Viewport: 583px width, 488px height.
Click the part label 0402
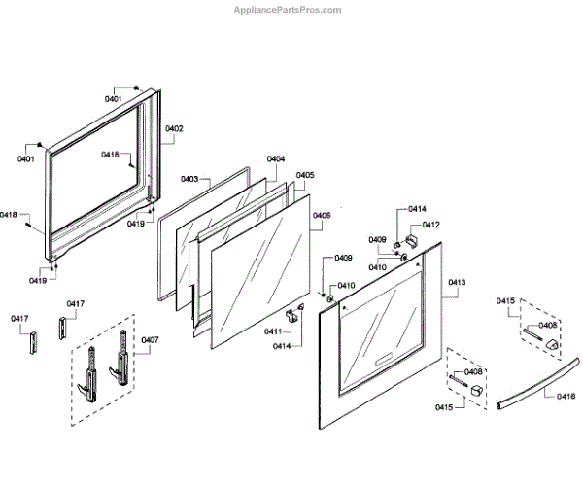(x=175, y=129)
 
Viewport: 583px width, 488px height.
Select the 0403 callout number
(x=189, y=179)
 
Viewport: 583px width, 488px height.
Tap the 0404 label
(x=276, y=158)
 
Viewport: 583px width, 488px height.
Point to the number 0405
(x=305, y=176)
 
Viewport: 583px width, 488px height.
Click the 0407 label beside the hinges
(x=150, y=339)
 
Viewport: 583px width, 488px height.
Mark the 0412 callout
(x=430, y=225)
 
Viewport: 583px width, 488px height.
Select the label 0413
(x=457, y=283)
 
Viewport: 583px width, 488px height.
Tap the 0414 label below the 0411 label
(x=281, y=346)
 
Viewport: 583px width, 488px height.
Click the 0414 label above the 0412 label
(x=417, y=209)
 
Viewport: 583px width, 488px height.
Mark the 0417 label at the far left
(x=20, y=319)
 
